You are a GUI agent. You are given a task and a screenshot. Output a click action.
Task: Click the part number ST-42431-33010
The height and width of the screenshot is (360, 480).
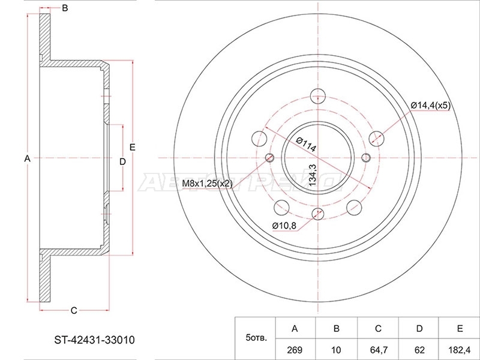tap(94, 340)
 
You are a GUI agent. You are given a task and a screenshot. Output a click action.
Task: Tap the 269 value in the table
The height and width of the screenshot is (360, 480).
tap(295, 350)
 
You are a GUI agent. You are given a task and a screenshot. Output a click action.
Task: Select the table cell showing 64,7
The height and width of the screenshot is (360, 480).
tap(379, 350)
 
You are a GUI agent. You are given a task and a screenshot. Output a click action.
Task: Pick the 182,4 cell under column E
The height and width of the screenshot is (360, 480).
tap(459, 350)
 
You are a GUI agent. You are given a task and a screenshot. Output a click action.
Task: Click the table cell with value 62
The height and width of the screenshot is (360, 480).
tap(419, 350)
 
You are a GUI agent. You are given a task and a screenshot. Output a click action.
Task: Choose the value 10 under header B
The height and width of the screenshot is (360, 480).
tap(336, 350)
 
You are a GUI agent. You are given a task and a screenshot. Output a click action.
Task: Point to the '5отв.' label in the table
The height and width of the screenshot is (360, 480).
tap(256, 338)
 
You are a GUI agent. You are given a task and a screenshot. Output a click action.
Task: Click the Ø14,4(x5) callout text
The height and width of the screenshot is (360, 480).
tap(430, 106)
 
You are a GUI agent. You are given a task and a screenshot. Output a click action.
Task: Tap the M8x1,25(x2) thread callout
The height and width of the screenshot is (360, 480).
tap(207, 184)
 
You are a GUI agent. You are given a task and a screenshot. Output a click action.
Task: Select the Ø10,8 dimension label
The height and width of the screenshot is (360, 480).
tap(284, 226)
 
